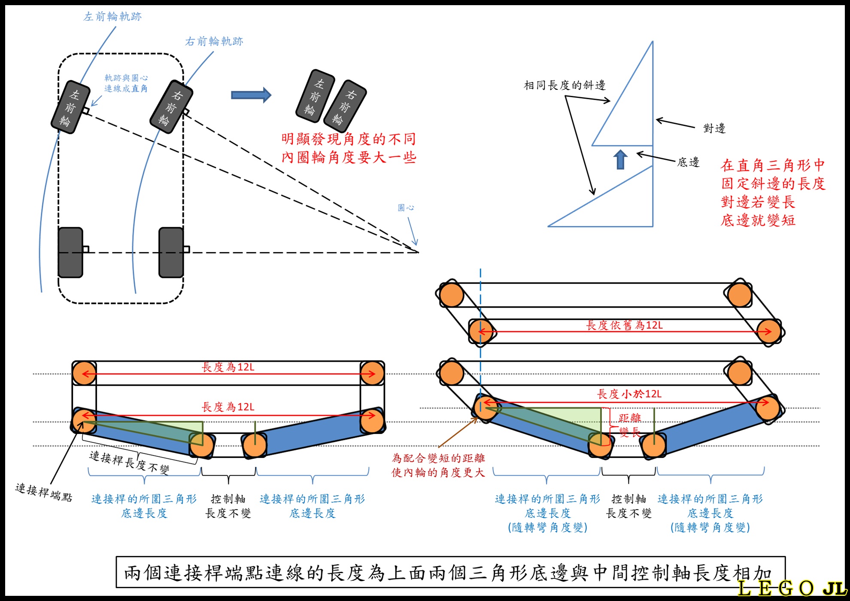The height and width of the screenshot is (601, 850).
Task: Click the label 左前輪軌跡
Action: [112, 17]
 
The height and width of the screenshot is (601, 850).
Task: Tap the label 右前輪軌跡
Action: [214, 41]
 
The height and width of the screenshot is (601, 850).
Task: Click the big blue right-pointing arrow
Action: [251, 95]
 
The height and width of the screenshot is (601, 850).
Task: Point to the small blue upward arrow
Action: [620, 159]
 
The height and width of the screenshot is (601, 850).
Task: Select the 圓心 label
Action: [406, 208]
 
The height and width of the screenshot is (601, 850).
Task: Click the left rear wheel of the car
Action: [70, 253]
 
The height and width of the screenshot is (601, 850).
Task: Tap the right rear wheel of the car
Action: [171, 253]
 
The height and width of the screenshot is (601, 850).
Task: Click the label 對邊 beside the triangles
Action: [714, 128]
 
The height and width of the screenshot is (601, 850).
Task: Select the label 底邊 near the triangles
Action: [688, 162]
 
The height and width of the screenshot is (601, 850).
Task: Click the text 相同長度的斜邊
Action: [565, 85]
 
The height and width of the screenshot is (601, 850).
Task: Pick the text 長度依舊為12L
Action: [624, 325]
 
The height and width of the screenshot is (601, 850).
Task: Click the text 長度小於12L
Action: [629, 394]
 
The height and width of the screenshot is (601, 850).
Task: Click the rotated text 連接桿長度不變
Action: [129, 462]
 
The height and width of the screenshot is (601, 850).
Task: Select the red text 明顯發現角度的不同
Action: [349, 139]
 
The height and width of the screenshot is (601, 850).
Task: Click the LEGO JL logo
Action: [792, 588]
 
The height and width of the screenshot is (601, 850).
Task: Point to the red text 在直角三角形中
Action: [773, 165]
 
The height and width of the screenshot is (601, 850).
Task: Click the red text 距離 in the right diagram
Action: [630, 418]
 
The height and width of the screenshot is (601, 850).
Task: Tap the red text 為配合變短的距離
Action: [438, 458]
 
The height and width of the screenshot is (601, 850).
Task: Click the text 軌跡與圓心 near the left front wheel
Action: [126, 78]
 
